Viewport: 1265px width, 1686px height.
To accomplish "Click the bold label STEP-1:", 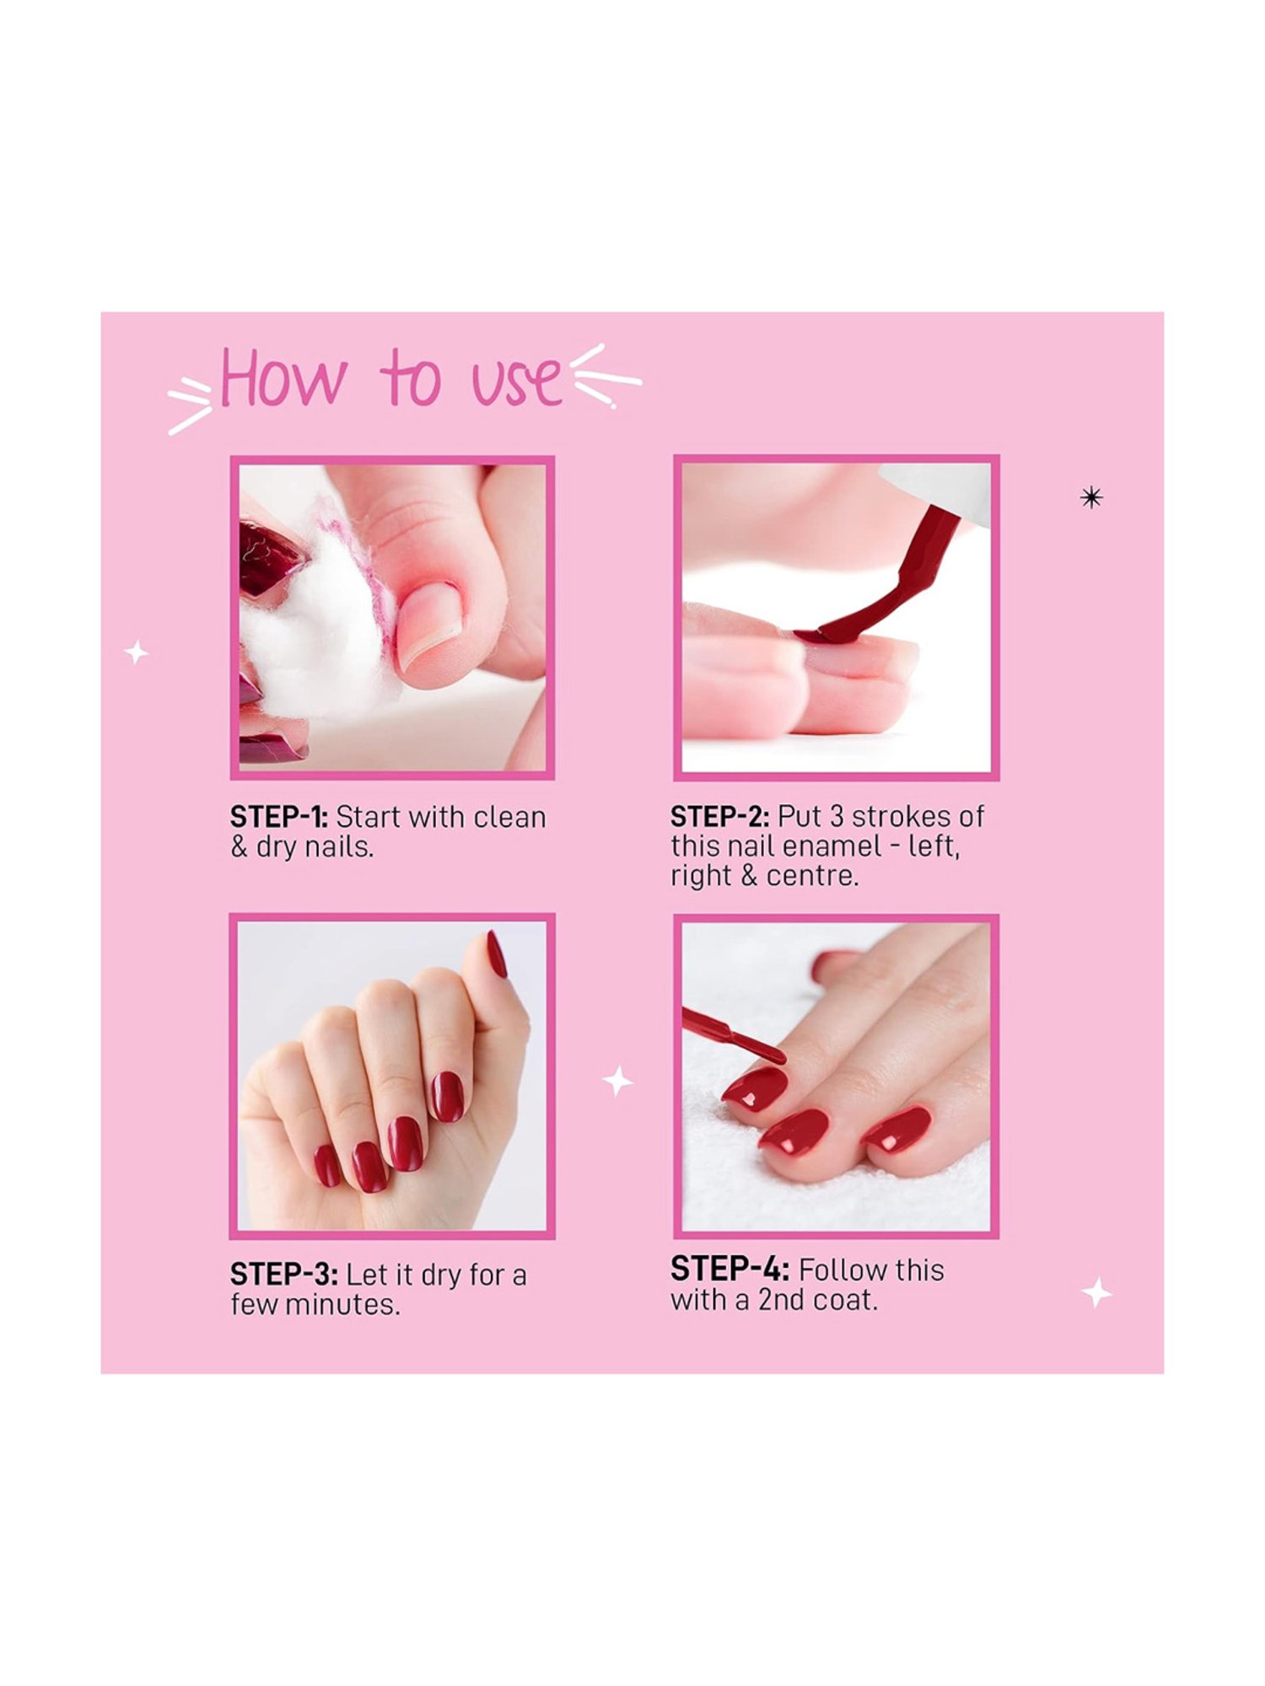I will [x=278, y=817].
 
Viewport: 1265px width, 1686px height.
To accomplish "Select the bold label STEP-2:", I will [x=719, y=816].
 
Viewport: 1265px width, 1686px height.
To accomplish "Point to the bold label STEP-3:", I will [x=283, y=1275].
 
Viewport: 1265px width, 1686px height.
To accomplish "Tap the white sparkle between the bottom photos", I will [x=617, y=1081].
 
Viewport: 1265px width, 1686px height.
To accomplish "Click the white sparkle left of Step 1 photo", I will [x=137, y=652].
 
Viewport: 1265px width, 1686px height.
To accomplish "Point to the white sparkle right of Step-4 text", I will [x=1097, y=1293].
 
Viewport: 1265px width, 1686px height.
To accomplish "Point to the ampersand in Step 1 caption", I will [x=240, y=846].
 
